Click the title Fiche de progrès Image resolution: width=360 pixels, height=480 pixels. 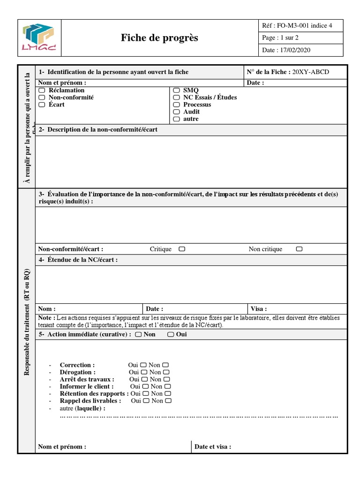click(x=159, y=38)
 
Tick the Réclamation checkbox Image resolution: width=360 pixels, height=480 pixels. click(x=42, y=90)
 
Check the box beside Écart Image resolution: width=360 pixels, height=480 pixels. click(x=42, y=105)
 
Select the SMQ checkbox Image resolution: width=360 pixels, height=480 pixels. click(x=176, y=90)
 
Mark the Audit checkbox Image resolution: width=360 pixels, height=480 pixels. click(x=176, y=112)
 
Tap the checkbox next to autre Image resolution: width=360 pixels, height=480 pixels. click(x=176, y=119)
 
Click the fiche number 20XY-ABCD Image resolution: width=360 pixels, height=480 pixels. click(x=311, y=72)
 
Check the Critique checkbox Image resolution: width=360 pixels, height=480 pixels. click(x=182, y=249)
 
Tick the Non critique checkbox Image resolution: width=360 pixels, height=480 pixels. click(x=299, y=249)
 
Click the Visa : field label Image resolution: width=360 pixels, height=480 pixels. click(x=259, y=309)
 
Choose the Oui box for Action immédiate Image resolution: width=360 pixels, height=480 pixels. click(x=171, y=334)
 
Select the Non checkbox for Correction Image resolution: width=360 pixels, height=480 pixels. click(x=165, y=365)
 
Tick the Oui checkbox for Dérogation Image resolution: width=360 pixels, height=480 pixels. click(x=144, y=372)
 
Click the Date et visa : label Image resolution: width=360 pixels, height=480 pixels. click(x=213, y=447)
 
